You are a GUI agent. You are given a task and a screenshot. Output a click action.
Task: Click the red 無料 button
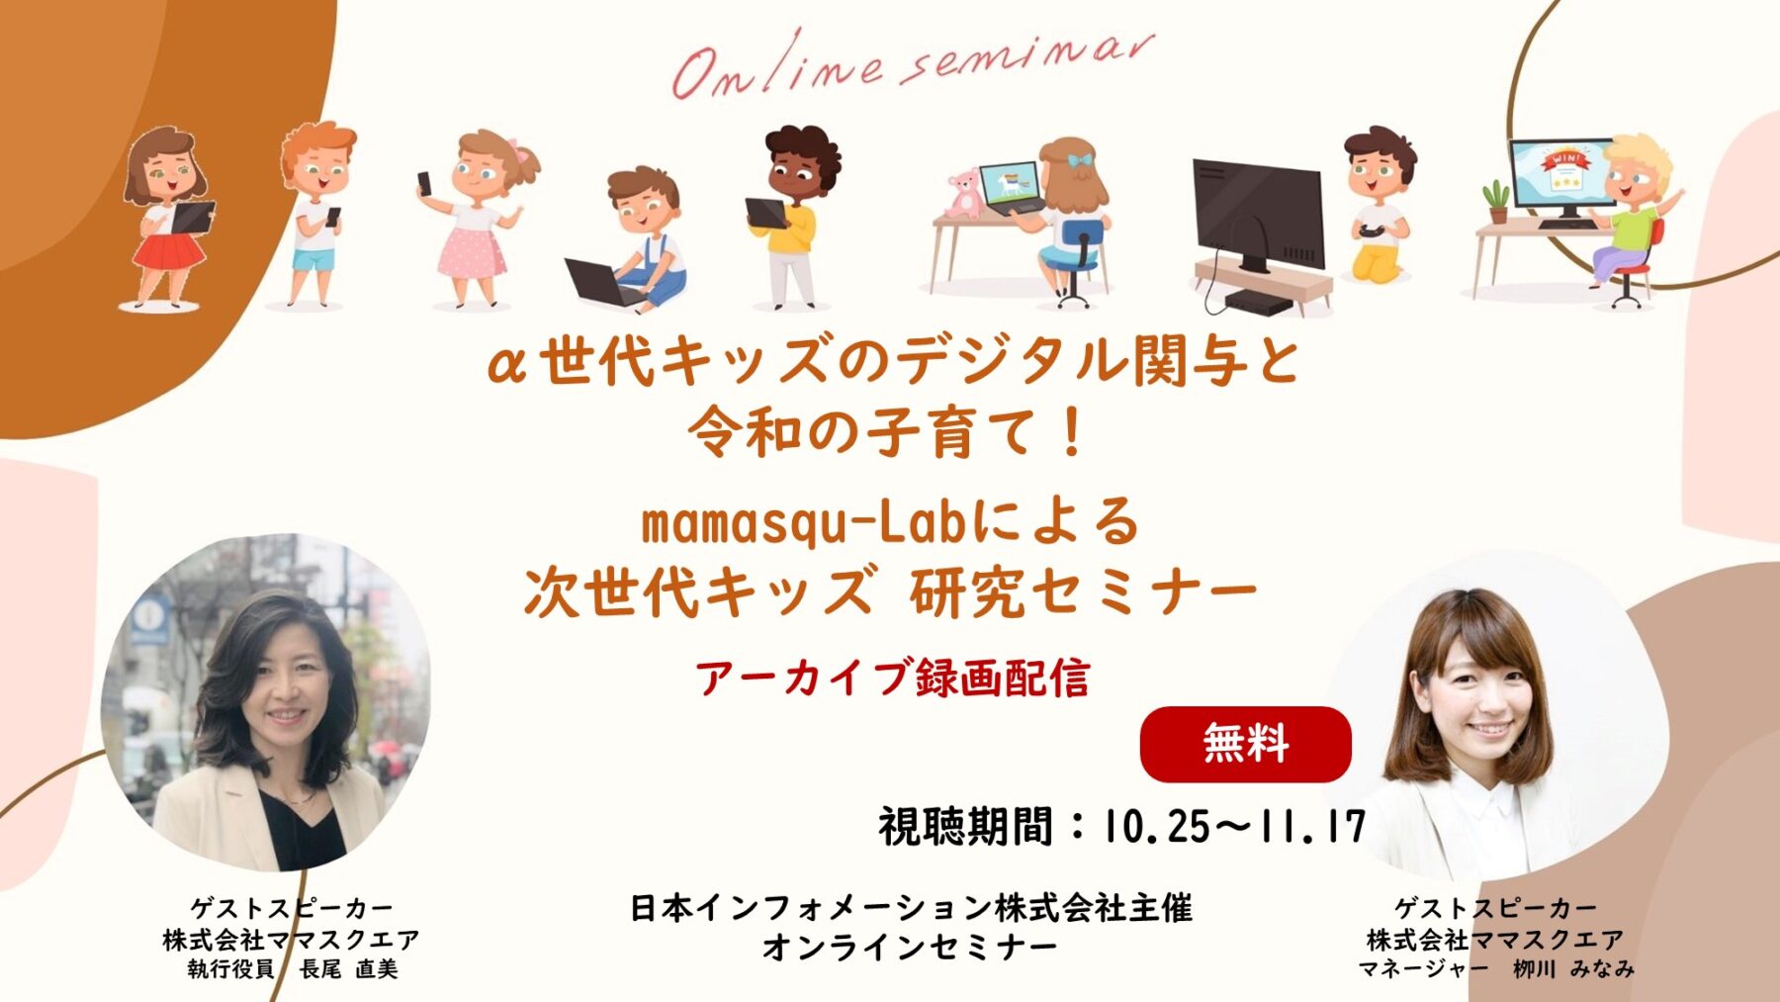coord(1245,744)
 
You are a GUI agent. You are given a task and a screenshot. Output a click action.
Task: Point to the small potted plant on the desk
coord(1497,202)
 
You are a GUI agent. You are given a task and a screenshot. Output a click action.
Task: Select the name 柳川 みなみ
coord(1573,969)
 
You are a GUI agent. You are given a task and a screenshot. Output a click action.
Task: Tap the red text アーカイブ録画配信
coord(892,679)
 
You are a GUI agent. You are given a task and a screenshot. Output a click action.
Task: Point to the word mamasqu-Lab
coord(803,523)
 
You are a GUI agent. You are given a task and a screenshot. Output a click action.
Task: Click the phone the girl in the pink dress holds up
coord(424,183)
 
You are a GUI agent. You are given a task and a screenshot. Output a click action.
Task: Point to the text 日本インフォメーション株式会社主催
coord(911,908)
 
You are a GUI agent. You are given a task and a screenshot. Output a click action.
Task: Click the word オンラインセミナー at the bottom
coord(910,948)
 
